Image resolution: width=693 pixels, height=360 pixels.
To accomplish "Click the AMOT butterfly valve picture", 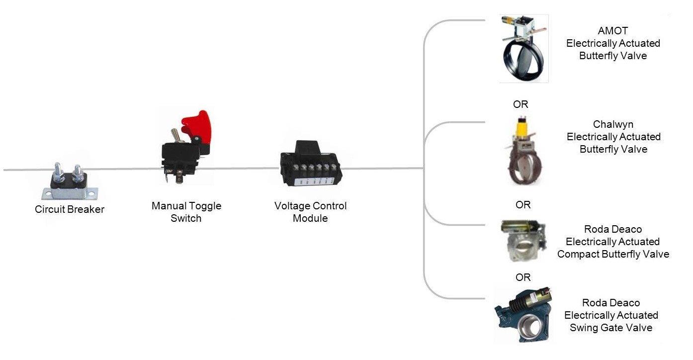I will click(523, 49).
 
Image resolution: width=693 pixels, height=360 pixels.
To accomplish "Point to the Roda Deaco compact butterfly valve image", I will click(523, 241).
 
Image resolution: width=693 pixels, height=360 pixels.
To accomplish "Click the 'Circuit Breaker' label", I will click(70, 209).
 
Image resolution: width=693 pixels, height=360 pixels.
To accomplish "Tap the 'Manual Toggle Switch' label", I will click(186, 212).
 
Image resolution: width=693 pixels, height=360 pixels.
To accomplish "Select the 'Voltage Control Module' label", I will click(310, 212).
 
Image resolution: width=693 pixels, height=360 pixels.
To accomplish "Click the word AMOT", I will click(613, 31).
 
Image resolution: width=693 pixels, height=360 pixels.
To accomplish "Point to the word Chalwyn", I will click(613, 124).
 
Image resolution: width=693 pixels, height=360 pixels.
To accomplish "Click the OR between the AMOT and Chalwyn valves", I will click(520, 104).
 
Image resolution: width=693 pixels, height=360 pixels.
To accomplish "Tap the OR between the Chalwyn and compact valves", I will click(523, 205).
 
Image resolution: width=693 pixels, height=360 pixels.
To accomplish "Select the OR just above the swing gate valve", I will click(523, 277).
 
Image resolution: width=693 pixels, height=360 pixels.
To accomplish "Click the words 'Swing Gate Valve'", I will click(611, 328).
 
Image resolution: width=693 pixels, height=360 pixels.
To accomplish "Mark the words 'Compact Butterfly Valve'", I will click(613, 254).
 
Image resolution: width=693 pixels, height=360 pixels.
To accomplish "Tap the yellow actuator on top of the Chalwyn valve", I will click(522, 127).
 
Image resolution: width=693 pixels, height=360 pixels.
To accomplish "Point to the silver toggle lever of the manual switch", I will click(175, 135).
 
